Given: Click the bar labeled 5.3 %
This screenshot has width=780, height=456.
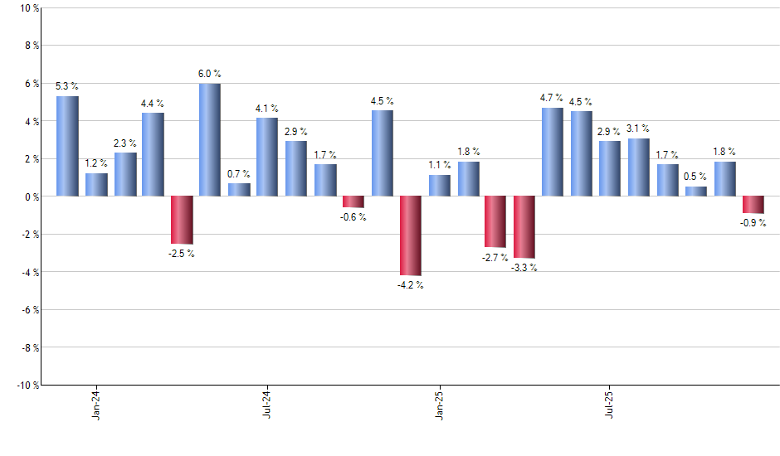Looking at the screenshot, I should point(67,146).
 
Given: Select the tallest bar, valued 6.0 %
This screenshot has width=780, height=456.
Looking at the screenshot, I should point(210,139).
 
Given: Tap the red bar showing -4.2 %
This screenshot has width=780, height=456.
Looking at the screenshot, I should point(411,235).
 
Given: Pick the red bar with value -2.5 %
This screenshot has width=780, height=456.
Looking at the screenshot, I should point(182,220).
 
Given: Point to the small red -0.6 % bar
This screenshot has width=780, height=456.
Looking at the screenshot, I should point(353,201).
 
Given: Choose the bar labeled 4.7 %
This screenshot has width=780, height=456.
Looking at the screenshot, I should point(553,152).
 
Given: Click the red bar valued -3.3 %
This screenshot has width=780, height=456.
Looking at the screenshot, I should point(524,227).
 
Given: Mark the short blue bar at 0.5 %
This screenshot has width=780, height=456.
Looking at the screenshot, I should point(696,192).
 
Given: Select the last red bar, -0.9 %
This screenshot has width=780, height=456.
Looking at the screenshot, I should point(753,205).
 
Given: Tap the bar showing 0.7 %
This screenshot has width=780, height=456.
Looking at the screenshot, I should point(239,190).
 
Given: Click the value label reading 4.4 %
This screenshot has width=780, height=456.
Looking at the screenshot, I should point(153,104).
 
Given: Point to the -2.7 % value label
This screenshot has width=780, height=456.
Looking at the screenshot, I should point(495,258).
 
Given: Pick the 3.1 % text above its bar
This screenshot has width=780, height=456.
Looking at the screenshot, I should point(638,129).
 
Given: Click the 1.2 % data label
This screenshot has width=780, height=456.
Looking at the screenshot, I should point(96,163).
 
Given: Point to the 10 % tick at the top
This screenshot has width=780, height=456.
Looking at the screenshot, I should point(28,8).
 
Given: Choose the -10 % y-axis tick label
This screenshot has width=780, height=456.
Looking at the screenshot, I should point(27,385).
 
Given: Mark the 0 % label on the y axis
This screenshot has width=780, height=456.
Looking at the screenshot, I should point(31,196).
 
